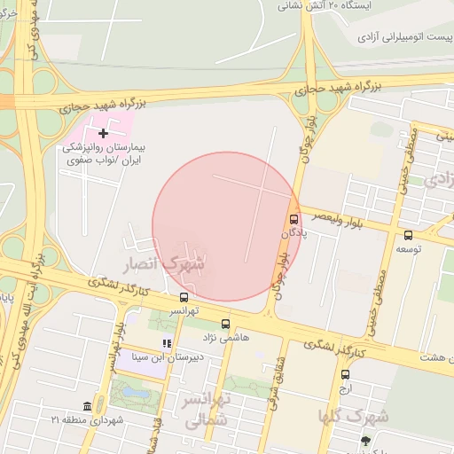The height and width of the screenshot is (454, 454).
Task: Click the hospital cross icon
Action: coord(104,132)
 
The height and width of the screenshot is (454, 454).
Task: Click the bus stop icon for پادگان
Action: coord(294,219)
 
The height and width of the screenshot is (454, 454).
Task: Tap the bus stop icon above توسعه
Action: coord(408,235)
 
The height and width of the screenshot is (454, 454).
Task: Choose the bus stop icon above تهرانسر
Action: coord(184,297)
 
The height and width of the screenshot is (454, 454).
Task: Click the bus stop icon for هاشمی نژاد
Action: coord(225,324)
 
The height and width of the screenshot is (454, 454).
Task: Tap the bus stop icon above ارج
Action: coord(345,373)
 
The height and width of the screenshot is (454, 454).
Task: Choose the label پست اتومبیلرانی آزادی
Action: coord(404,37)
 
